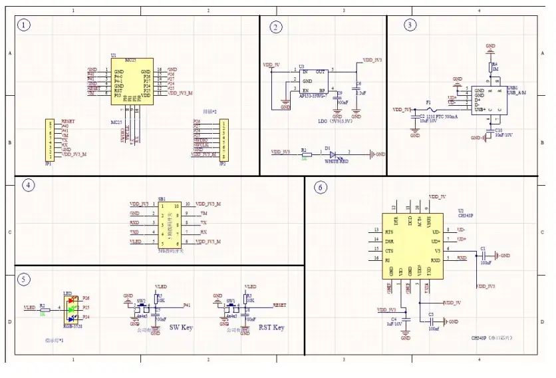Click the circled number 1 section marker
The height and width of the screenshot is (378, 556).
pos(25,26)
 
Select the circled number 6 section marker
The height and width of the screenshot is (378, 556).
pos(321,188)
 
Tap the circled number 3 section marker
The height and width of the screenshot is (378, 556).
pos(410,25)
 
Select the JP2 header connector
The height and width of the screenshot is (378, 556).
pos(224,138)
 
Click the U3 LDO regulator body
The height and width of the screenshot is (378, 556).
pos(313,80)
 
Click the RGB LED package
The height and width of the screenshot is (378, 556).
pos(69,307)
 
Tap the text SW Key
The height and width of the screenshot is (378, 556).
pos(180,327)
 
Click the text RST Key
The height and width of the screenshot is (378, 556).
pos(271,327)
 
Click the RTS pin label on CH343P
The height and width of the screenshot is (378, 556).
pos(388,230)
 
